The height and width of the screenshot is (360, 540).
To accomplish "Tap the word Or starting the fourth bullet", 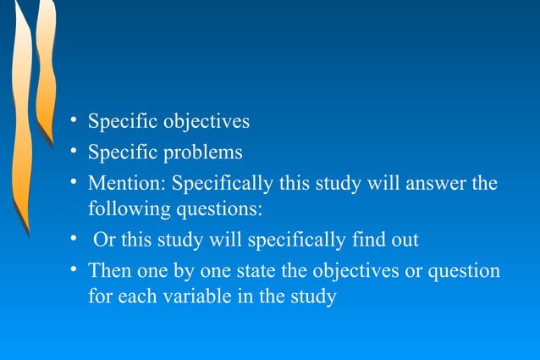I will coord(105,240).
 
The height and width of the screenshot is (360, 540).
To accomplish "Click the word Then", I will coord(110,271).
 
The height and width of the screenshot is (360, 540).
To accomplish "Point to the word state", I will coord(285,271).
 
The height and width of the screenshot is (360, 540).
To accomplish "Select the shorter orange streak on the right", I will coord(47,68).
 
